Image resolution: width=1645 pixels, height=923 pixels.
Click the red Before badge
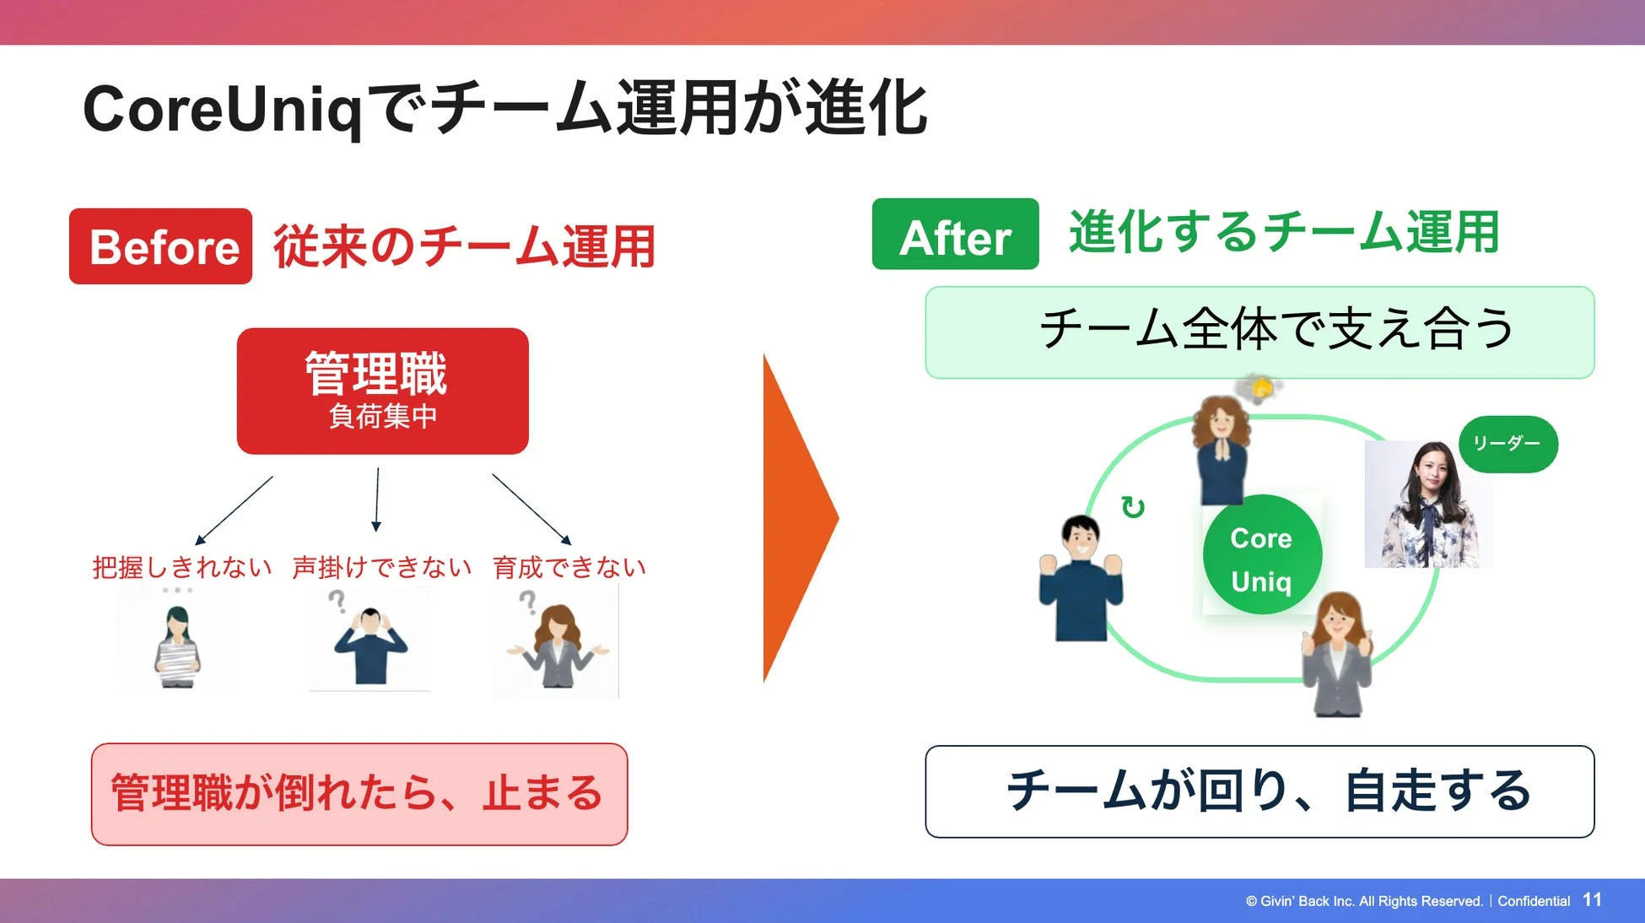[160, 246]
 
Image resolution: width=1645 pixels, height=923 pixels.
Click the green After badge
[955, 235]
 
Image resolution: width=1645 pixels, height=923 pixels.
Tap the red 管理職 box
[382, 391]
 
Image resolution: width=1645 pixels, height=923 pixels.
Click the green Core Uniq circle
[1261, 555]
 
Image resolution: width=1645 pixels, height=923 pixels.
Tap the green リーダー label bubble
[1507, 444]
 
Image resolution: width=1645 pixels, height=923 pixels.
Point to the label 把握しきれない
[181, 567]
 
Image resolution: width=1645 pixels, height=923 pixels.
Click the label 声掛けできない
[381, 567]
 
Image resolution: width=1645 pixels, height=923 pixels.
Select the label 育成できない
[569, 567]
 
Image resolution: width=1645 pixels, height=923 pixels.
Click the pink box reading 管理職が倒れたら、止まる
[359, 793]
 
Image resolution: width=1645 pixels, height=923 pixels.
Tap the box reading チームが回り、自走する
[1259, 791]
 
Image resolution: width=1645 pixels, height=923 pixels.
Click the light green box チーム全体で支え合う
[1259, 332]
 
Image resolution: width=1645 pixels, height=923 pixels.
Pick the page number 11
[1592, 900]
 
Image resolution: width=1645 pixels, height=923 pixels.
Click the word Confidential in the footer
[1534, 901]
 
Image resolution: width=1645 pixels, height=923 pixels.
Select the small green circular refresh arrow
[1132, 507]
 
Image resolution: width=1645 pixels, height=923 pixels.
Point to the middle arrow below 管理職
[377, 499]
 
